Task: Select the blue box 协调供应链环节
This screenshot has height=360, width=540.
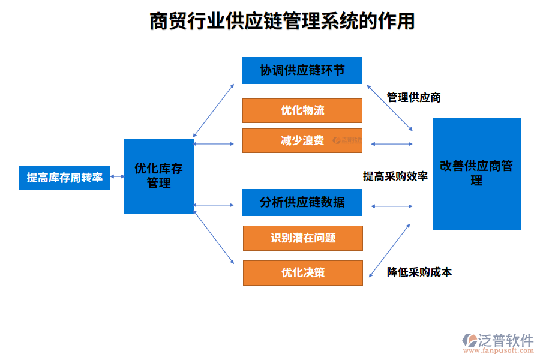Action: point(302,70)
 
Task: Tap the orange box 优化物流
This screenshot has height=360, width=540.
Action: point(302,110)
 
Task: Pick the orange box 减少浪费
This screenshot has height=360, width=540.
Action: point(302,140)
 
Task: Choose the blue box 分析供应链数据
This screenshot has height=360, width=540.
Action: point(302,202)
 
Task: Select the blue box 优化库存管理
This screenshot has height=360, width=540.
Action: point(158,176)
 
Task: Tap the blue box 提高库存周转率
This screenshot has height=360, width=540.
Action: point(65,178)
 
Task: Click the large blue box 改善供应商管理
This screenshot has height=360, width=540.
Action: point(476,173)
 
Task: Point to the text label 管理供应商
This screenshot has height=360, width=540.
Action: point(414,97)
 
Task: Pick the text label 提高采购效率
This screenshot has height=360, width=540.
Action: point(395,176)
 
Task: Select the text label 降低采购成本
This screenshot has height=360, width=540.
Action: point(419,272)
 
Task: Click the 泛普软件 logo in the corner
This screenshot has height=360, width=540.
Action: point(499,340)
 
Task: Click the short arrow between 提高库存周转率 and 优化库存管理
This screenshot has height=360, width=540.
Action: point(117,178)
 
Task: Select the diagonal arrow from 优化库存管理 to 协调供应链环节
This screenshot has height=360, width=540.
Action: point(214,110)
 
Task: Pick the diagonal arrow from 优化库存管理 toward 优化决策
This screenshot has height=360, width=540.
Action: point(214,234)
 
